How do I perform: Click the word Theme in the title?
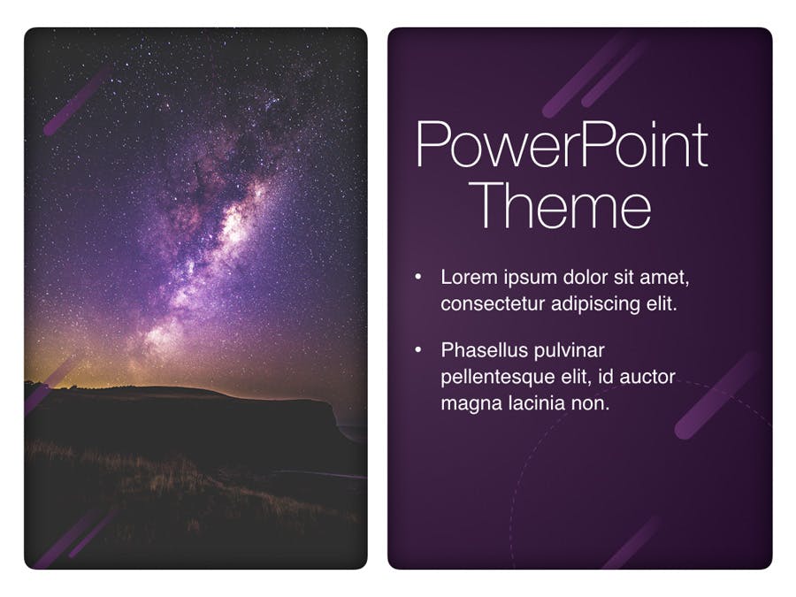(563, 204)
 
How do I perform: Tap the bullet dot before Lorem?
(418, 277)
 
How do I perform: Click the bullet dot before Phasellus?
(418, 350)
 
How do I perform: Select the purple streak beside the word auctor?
(717, 395)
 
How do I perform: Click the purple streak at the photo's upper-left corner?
(77, 102)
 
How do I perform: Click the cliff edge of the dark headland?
(333, 409)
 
